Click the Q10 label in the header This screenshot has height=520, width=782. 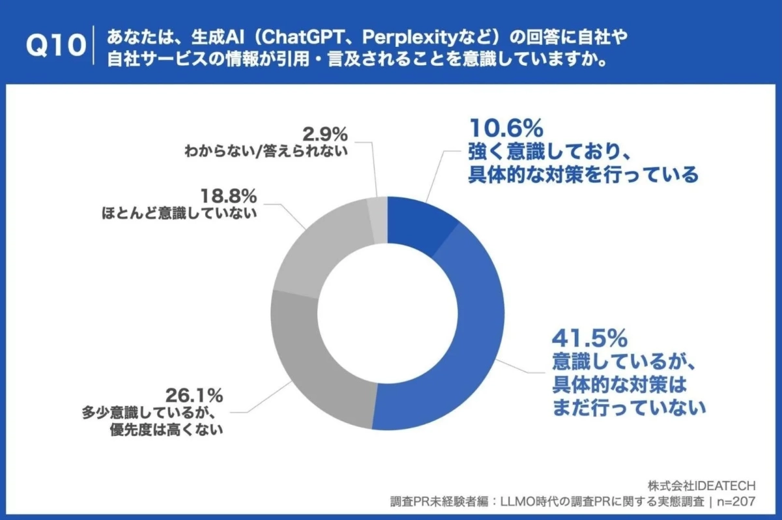click(x=55, y=46)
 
